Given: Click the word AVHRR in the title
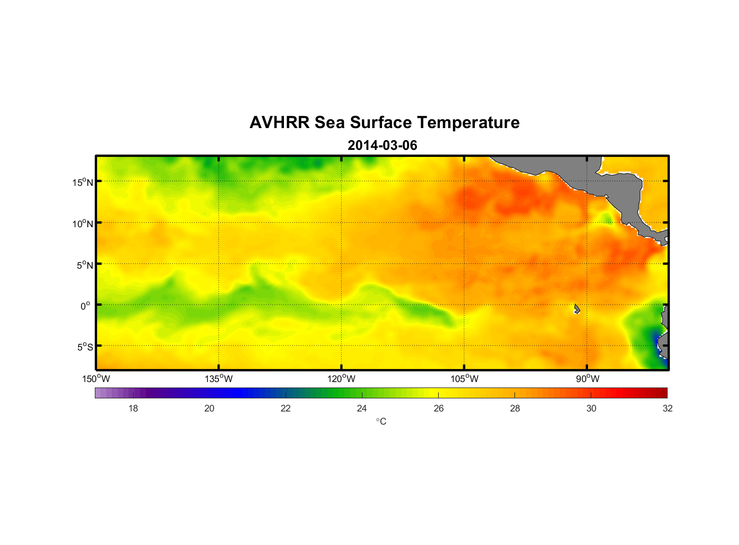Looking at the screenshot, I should (280, 123).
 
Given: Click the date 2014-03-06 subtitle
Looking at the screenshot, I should (382, 146).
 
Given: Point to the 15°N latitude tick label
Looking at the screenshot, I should (83, 182).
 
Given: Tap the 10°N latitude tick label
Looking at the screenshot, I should (83, 223).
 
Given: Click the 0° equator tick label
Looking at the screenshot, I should (86, 306).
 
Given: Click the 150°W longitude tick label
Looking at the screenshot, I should (96, 379).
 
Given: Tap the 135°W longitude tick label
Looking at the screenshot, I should (219, 379).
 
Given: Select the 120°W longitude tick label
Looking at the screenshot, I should (341, 379).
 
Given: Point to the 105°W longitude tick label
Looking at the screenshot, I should (464, 379).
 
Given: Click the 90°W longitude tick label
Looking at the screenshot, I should (587, 379).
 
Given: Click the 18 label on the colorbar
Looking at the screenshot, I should (133, 408).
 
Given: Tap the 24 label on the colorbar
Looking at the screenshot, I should (362, 408).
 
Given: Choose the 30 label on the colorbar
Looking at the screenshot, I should (591, 408).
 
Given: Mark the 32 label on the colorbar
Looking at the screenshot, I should (668, 408).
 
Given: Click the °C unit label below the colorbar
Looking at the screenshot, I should (381, 421).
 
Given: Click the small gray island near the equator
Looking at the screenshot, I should (577, 309).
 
